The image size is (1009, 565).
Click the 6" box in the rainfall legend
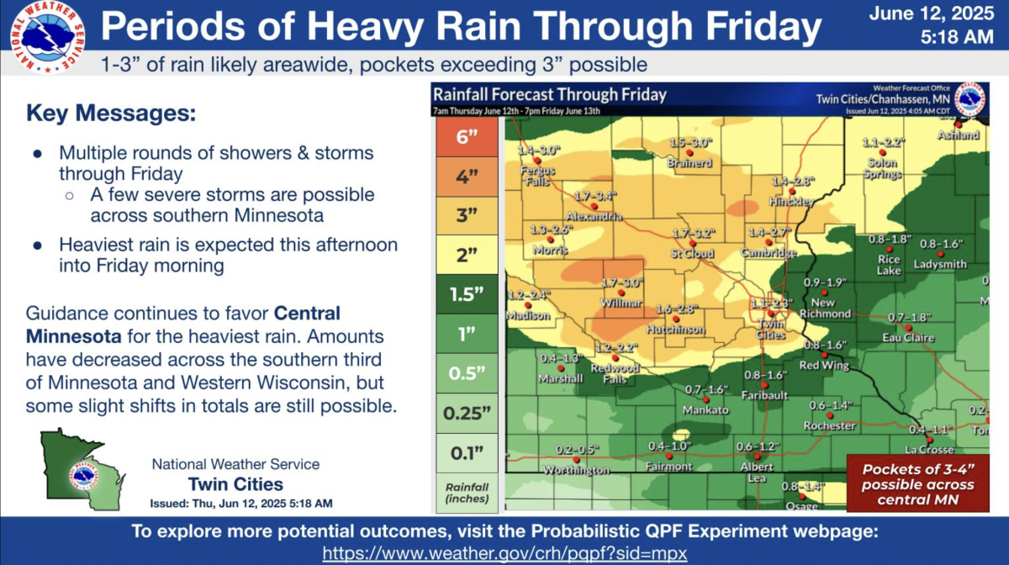pyautogui.click(x=467, y=138)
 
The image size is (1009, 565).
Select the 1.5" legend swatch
pyautogui.click(x=467, y=294)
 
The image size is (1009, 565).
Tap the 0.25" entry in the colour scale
pyautogui.click(x=467, y=413)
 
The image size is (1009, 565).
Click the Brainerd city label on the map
pyautogui.click(x=691, y=163)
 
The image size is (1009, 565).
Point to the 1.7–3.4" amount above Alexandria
pyautogui.click(x=596, y=196)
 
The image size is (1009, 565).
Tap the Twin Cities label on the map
pyautogui.click(x=771, y=329)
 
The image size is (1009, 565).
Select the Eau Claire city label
pyautogui.click(x=908, y=337)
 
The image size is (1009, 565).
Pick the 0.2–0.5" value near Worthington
pyautogui.click(x=576, y=449)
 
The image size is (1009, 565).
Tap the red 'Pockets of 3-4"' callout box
pyautogui.click(x=918, y=484)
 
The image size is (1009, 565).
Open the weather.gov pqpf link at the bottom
pyautogui.click(x=505, y=553)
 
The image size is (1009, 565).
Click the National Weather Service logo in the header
pyautogui.click(x=47, y=37)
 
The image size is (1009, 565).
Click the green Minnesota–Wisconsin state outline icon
pyautogui.click(x=82, y=472)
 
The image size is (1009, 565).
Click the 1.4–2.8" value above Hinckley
pyautogui.click(x=793, y=182)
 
